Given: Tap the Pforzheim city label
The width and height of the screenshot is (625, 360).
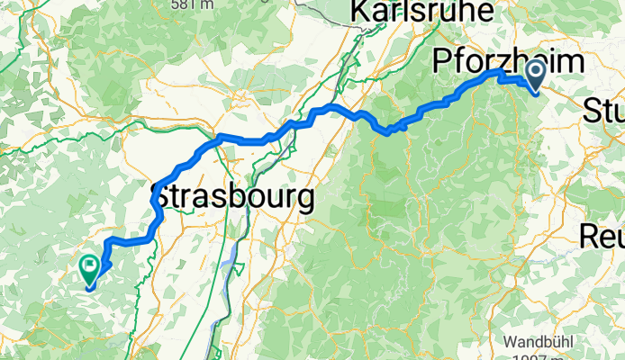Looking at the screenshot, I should coord(507,62).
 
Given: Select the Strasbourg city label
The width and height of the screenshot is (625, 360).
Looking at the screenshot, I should coord(235,197).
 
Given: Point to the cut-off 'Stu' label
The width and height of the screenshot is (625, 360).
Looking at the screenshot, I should coord(603,112).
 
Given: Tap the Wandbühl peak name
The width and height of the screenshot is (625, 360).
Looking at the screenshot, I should coord(538,343).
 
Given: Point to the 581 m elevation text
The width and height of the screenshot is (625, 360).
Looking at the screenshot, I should coord(192,4).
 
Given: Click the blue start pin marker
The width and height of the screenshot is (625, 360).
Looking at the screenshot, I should coord(534,75).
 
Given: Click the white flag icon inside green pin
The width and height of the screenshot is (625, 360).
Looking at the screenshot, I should coord(91,265).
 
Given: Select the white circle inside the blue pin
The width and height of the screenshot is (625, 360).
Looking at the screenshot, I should coord(534,70).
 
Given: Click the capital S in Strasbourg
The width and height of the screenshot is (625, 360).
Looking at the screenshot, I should coord(166,197).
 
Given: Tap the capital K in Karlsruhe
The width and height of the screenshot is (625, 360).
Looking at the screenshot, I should coord(359,12).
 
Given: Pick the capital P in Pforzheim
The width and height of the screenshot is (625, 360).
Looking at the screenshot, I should coord(442,62).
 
